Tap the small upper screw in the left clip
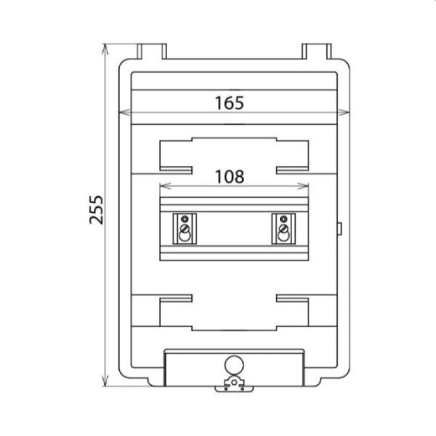click(184, 221)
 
